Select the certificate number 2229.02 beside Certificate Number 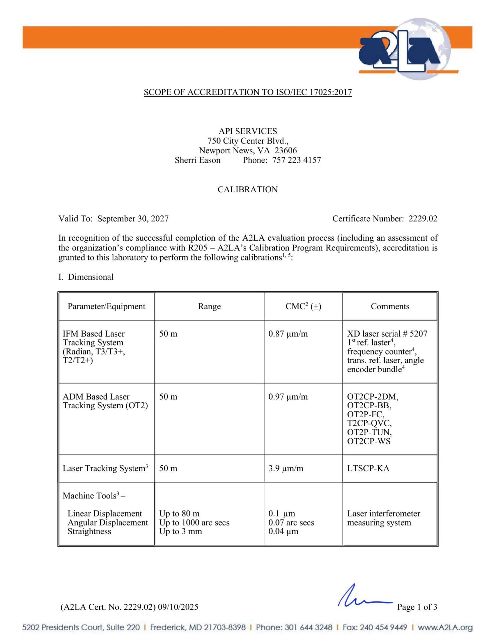tap(423, 219)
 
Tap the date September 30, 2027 tap(133, 219)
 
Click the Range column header tap(209, 306)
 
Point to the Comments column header tap(390, 306)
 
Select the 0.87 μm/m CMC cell tap(288, 334)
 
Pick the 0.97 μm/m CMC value tap(288, 397)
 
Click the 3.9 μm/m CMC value tap(286, 468)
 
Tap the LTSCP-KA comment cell tap(368, 468)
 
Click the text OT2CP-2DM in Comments tap(372, 397)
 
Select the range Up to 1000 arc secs tap(194, 522)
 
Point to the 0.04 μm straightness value tap(283, 531)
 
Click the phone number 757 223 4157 tap(296, 160)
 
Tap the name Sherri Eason tap(198, 160)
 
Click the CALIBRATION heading tap(248, 190)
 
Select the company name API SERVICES tap(248, 131)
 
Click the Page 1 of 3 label tap(417, 607)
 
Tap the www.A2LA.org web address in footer tap(445, 628)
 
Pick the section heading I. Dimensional tap(86, 277)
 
